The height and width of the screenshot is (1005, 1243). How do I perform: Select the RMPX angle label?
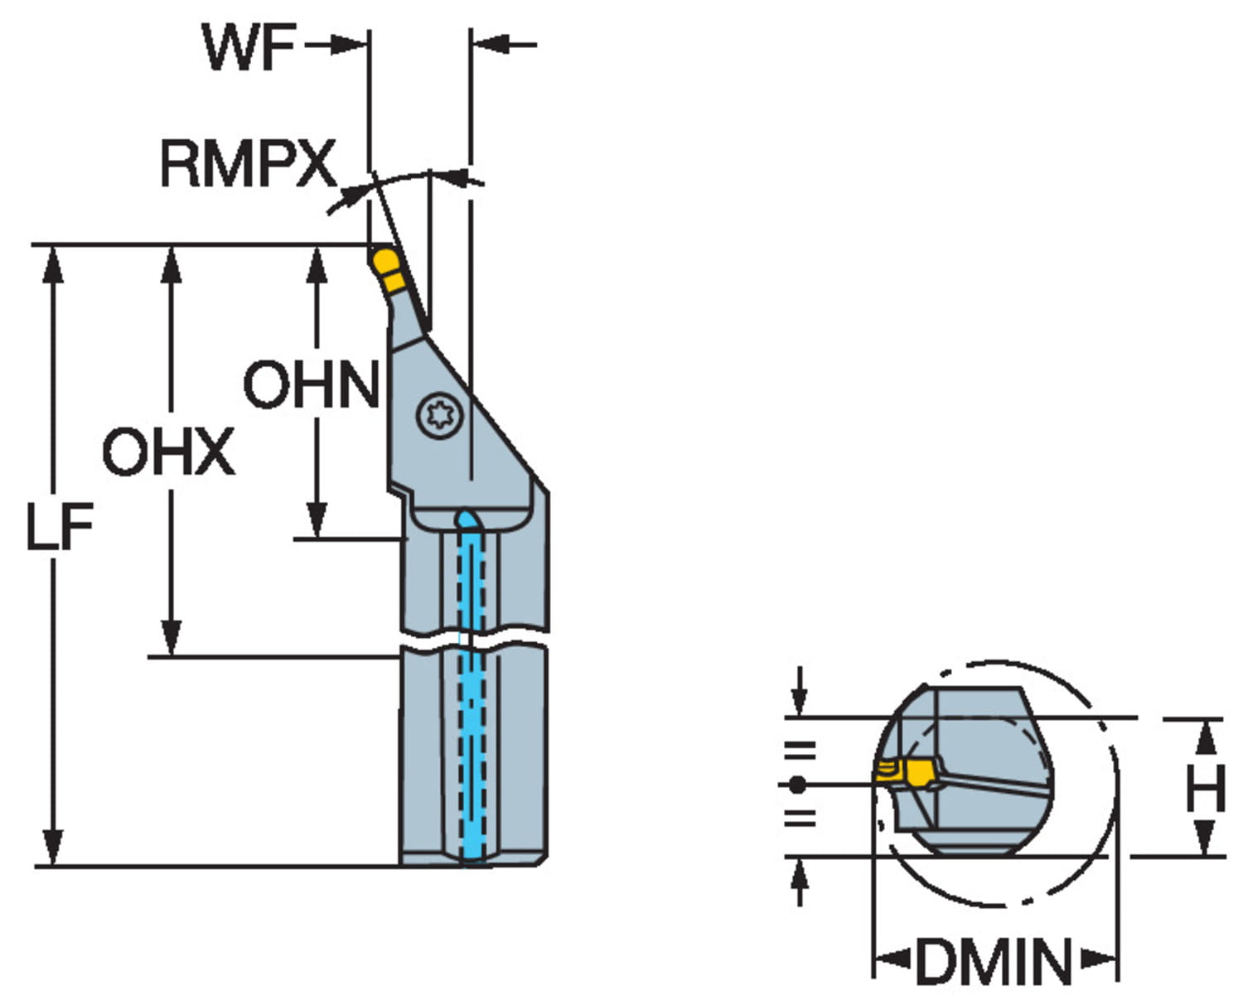coord(247,163)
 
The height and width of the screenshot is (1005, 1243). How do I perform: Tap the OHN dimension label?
coord(311,384)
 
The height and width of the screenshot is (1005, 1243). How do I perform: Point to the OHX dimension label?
coord(168,452)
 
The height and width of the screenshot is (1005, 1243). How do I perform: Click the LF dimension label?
coord(59,527)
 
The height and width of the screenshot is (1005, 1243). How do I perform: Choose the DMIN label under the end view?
coord(994,962)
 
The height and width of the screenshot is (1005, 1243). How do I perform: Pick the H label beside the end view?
coord(1205,788)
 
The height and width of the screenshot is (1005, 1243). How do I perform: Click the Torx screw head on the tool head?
coord(438,412)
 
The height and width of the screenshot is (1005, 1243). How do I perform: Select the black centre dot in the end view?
coord(797,784)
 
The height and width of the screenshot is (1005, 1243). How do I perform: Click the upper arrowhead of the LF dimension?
coord(53,263)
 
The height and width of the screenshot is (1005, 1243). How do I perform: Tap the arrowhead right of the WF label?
coord(348,45)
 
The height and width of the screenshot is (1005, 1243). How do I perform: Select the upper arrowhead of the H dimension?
coord(1207,736)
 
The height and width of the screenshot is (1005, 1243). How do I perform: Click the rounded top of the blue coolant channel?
coord(468,519)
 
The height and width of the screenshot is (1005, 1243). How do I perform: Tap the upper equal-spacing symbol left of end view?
coord(800,751)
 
